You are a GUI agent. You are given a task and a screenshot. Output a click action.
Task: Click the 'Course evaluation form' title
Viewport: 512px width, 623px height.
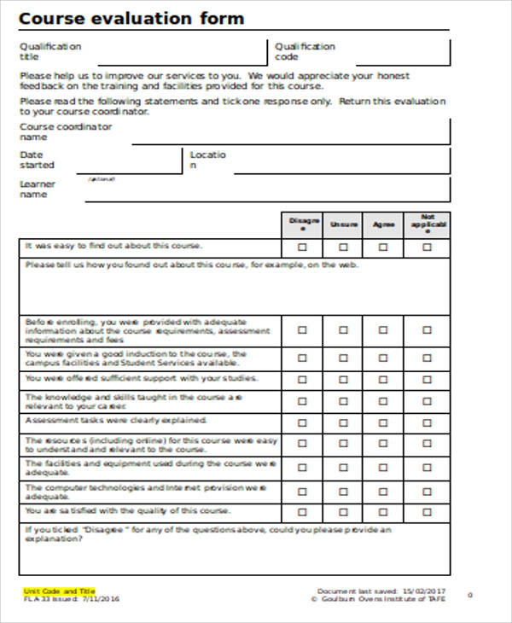131,18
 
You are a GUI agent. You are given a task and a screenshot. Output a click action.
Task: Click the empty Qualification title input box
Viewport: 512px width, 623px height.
180,52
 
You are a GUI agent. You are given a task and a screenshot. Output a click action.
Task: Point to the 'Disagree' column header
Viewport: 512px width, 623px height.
304,224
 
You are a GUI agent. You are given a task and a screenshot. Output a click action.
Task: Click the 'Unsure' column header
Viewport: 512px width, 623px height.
343,224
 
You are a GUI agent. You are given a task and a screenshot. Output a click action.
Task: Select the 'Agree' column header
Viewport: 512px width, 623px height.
383,224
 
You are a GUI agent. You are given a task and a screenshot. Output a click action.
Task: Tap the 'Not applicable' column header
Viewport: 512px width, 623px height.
428,224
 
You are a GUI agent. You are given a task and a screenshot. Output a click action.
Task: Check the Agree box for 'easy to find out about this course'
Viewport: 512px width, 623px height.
383,247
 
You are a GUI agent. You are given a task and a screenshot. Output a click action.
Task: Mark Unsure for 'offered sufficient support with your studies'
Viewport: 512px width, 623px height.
343,379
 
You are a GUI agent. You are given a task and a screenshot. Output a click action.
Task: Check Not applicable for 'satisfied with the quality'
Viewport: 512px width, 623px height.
427,512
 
